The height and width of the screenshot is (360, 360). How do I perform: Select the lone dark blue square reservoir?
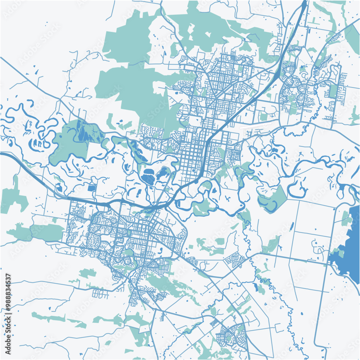pyautogui.click(x=91, y=188)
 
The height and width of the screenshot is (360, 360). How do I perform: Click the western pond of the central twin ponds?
pyautogui.click(x=148, y=178)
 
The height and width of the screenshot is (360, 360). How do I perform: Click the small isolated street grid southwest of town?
pyautogui.click(x=100, y=294)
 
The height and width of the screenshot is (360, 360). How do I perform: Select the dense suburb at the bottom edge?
pyautogui.click(x=232, y=333)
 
